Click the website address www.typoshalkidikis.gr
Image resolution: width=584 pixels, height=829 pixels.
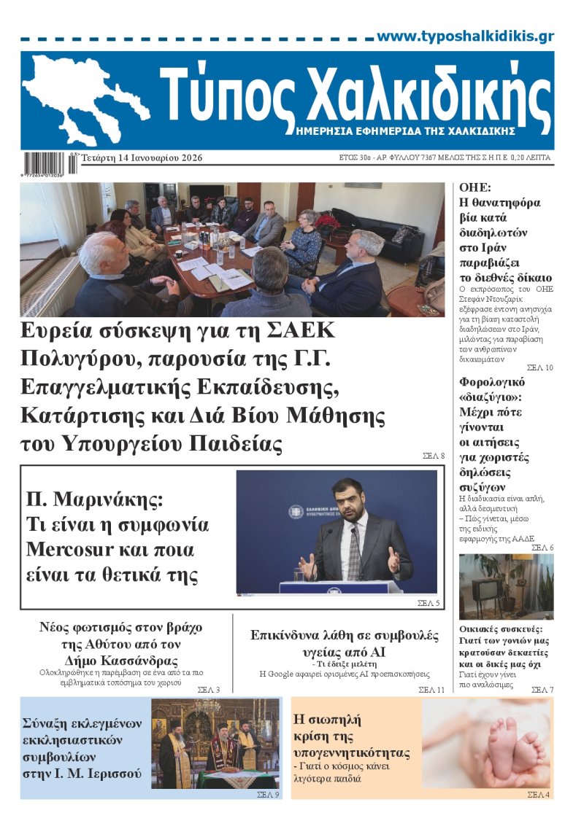[x=465, y=36]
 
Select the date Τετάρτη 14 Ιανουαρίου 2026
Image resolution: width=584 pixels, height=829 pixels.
[x=142, y=158]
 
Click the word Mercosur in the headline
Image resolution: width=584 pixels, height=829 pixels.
[x=73, y=549]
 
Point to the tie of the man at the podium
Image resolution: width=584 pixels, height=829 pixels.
[x=353, y=554]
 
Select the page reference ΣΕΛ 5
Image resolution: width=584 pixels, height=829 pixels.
[x=429, y=603]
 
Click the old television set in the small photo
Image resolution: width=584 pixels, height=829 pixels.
[x=485, y=589]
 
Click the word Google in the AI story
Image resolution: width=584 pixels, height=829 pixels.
[x=289, y=674]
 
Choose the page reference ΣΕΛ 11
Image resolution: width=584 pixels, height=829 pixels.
[x=431, y=690]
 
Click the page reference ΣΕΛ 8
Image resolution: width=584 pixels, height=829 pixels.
[x=434, y=456]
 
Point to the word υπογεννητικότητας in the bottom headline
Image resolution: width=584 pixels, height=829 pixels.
[x=351, y=752]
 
